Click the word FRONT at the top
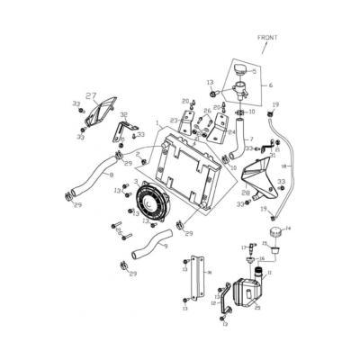268,38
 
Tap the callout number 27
90,94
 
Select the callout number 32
123,116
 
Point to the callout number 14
287,229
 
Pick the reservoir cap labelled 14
271,236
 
